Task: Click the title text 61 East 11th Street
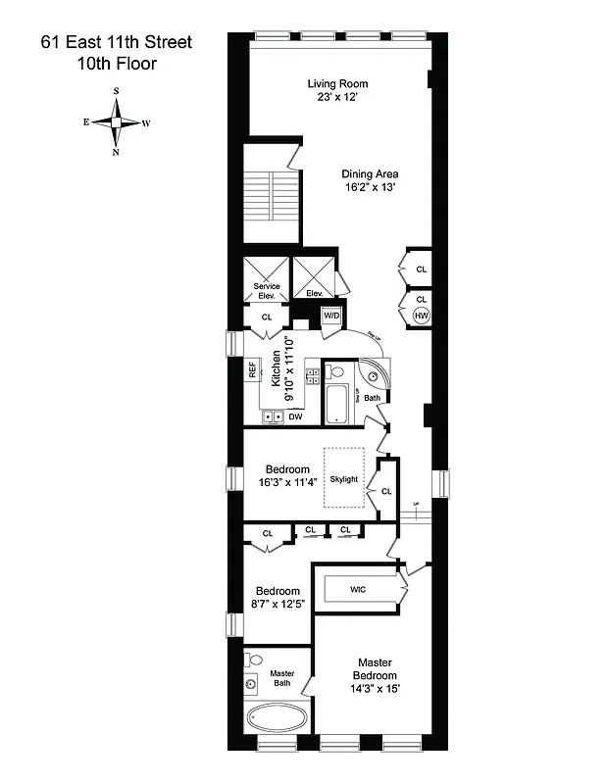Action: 117,42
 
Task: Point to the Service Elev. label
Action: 267,290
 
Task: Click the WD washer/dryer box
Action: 332,316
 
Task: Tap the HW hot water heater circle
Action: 422,316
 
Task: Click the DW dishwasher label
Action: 295,416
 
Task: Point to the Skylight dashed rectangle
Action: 344,477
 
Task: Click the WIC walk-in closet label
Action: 358,589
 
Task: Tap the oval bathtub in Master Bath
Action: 277,718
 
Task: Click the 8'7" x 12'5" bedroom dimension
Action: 278,605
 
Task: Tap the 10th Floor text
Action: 117,65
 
